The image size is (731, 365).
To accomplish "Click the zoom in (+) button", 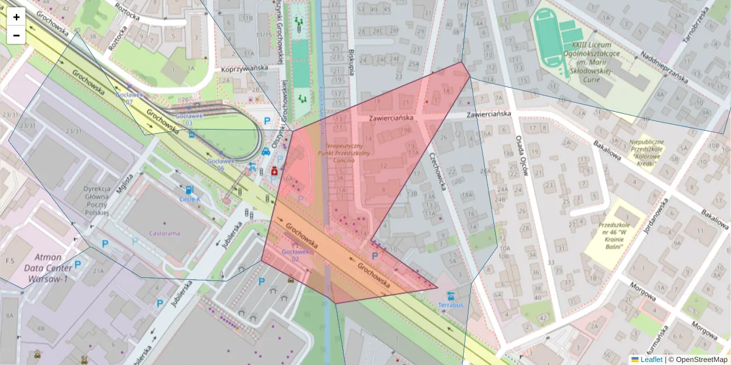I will point(16,17).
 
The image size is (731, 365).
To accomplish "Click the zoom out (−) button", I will point(16,35).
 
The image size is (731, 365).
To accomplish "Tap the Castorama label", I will point(164,233).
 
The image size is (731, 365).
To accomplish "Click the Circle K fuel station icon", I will point(188,190).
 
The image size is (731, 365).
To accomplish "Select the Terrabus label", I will point(451,304).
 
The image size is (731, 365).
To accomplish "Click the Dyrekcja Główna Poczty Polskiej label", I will point(96,201).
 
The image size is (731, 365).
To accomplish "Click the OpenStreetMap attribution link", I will point(701,360).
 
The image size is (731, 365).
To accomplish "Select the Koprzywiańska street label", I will point(245,70).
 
